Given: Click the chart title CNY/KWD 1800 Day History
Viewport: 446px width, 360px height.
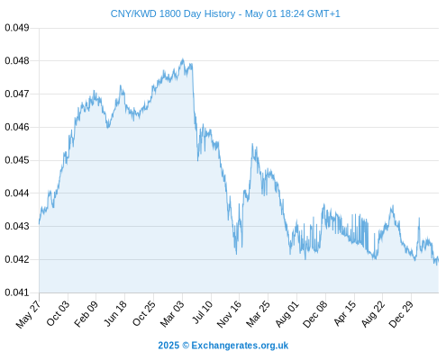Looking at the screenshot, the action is click(173, 13).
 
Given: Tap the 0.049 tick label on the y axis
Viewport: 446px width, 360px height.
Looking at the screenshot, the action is click(17, 28).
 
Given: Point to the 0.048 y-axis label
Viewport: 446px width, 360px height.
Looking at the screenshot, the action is click(17, 61).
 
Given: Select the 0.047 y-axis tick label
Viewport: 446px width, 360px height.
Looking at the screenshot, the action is click(17, 94).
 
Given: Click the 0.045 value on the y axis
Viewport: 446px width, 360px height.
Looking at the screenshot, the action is click(17, 160).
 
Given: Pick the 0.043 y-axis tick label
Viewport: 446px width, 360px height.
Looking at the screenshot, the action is click(17, 226).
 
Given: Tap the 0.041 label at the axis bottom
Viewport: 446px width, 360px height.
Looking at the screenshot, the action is click(17, 292).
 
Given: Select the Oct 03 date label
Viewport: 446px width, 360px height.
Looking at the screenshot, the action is click(58, 313).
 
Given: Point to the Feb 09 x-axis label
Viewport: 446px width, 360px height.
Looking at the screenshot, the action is click(86, 314).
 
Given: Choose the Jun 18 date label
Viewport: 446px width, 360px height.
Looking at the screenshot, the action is click(115, 313).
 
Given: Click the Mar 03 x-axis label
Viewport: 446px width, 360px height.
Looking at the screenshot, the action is click(172, 314).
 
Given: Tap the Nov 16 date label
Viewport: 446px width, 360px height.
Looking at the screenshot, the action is click(229, 314).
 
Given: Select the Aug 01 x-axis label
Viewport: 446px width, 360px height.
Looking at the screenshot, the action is click(287, 314).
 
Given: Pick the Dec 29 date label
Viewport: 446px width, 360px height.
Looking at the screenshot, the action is click(401, 314).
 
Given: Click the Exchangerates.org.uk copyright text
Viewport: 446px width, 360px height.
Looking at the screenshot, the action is click(240, 346).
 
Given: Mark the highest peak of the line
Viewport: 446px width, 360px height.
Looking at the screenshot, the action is click(182, 59).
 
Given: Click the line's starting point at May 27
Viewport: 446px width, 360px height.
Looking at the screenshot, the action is click(39, 223).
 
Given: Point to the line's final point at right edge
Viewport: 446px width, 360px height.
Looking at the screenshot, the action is click(439, 260).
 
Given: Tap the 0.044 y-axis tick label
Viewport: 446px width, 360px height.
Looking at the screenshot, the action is click(17, 193).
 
